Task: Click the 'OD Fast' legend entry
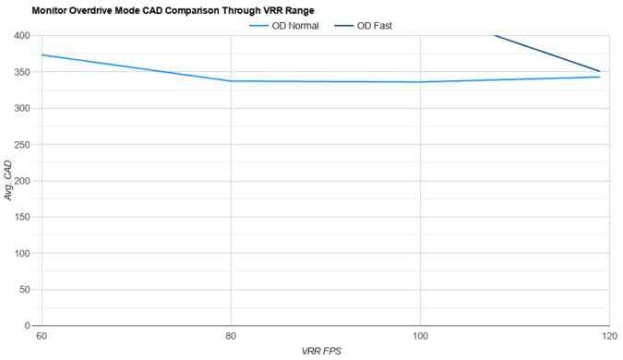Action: click(375, 26)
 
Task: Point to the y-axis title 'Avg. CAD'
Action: click(9, 180)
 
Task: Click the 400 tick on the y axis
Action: click(22, 36)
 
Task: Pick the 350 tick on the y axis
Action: click(22, 72)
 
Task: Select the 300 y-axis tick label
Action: click(22, 108)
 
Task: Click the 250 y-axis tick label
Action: click(22, 145)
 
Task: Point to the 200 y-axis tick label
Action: click(22, 181)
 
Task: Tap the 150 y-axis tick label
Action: click(22, 217)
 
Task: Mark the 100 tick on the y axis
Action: click(22, 253)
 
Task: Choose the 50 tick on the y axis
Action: click(25, 290)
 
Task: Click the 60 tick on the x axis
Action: click(42, 335)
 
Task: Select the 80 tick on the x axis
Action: click(231, 335)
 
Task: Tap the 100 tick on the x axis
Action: click(420, 335)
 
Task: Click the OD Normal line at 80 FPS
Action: click(231, 81)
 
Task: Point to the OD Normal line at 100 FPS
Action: click(420, 82)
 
